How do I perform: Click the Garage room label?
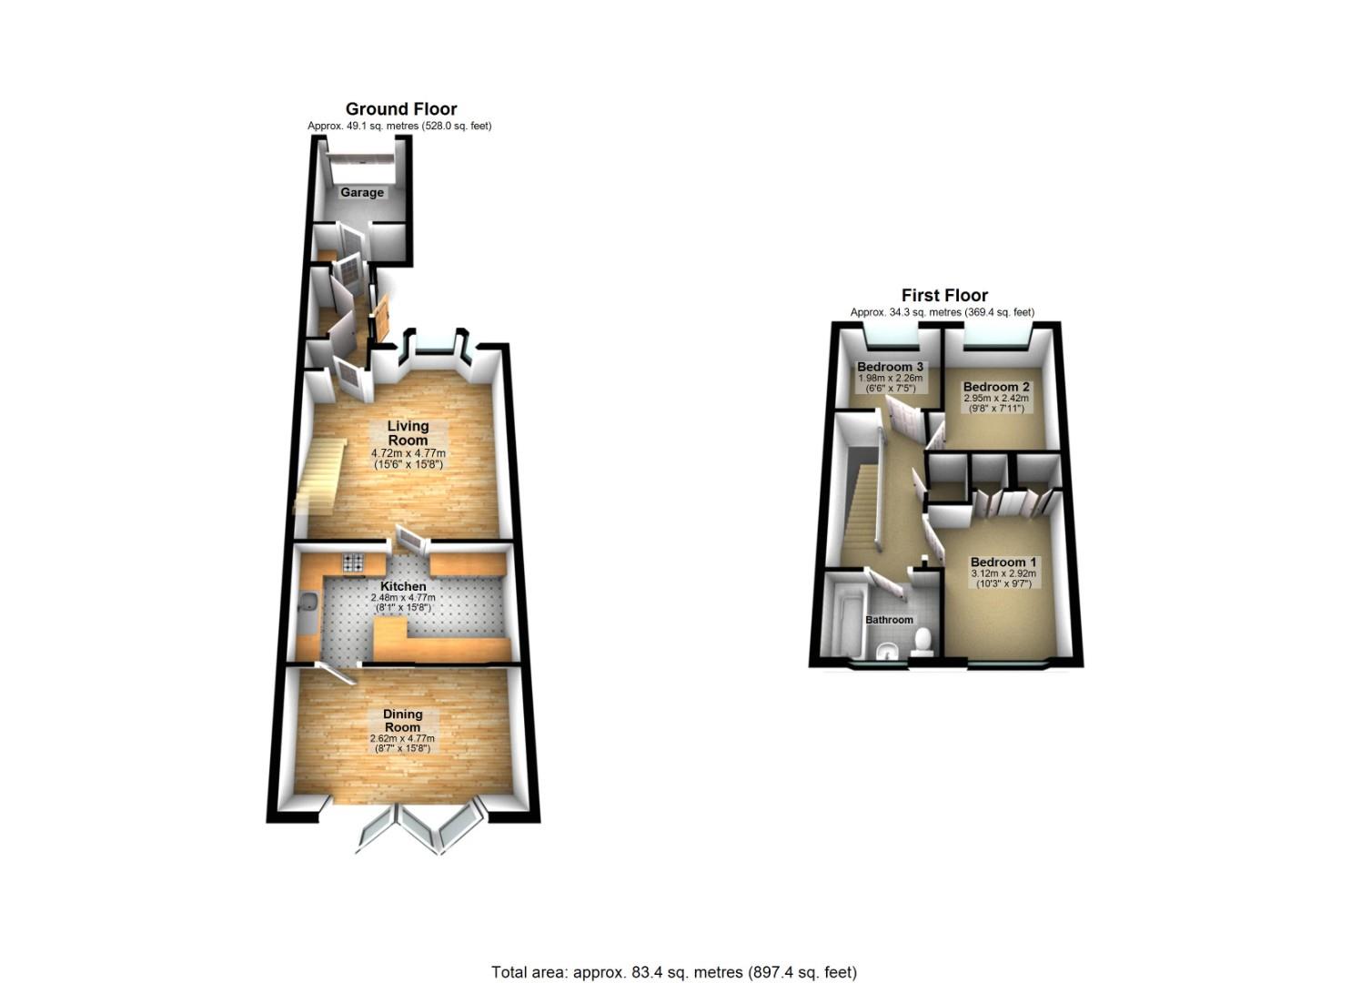pos(362,193)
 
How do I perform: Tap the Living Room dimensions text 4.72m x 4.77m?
pos(408,453)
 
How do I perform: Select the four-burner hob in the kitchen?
pos(353,562)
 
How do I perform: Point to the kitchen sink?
pos(308,604)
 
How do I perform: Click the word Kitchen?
pos(403,586)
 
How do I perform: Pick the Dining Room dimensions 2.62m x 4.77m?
pos(402,738)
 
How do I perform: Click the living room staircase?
pos(317,473)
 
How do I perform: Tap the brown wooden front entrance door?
pos(380,319)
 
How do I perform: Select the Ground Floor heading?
pos(401,109)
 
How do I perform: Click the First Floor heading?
pos(944,295)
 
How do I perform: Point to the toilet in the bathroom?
pos(923,640)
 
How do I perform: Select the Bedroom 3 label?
pos(890,368)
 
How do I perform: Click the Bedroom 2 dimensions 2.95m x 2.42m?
pos(996,398)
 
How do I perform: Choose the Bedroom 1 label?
pos(1003,562)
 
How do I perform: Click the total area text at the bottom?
pos(674,972)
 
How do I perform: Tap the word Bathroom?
pos(889,620)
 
